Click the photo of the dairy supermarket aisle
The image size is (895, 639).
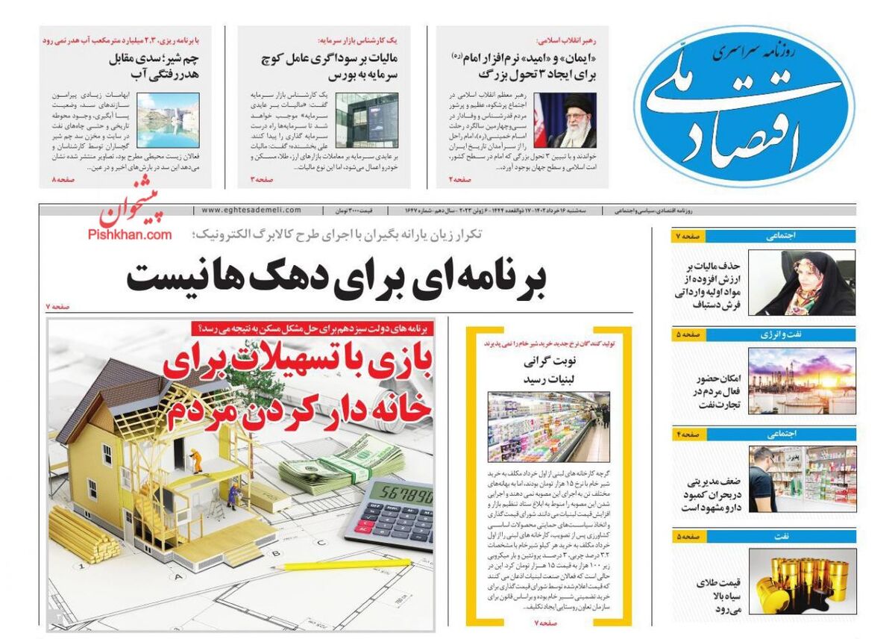click(x=548, y=427)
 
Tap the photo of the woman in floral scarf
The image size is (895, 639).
click(x=801, y=282)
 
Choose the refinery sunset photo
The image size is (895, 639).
click(x=801, y=381)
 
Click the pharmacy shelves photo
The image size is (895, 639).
click(x=801, y=479)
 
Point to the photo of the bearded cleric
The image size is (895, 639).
click(x=565, y=120)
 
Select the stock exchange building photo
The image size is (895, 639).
click(x=366, y=120)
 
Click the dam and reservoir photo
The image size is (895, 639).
click(x=167, y=120)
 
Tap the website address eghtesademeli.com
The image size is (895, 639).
click(x=251, y=211)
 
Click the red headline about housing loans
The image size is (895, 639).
click(x=298, y=388)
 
